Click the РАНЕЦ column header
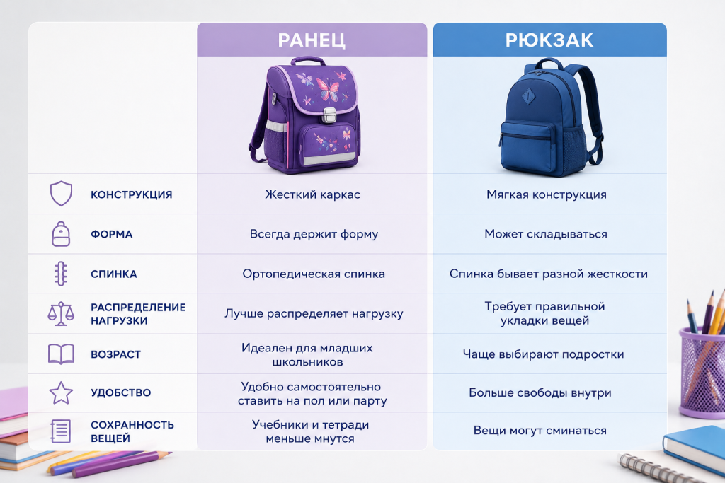click(x=312, y=40)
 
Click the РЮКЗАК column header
click(x=549, y=40)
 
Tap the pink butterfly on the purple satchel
click(x=328, y=89)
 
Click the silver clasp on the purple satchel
click(x=329, y=115)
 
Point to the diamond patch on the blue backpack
click(x=528, y=96)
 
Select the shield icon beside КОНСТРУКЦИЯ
click(x=61, y=194)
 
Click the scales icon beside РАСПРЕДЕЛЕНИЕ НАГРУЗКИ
click(x=61, y=313)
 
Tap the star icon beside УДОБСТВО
click(x=61, y=392)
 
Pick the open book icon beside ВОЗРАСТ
click(x=61, y=354)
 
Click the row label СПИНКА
click(x=114, y=274)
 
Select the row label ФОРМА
click(x=111, y=234)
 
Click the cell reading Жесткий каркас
click(x=312, y=194)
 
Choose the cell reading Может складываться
click(x=546, y=234)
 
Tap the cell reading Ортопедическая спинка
click(x=314, y=274)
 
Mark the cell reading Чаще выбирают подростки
click(x=543, y=354)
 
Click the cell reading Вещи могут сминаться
click(x=540, y=431)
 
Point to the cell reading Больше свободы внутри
click(x=540, y=392)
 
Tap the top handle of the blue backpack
click(x=549, y=62)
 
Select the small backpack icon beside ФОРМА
click(x=61, y=233)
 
